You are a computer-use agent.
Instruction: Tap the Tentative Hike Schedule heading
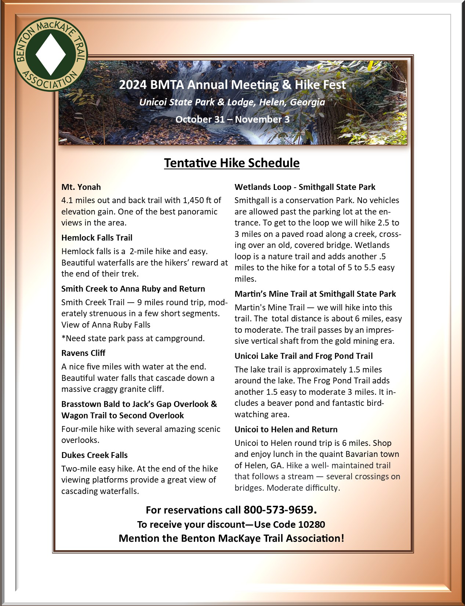pyautogui.click(x=232, y=163)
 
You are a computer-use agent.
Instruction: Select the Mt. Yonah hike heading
pyautogui.click(x=81, y=187)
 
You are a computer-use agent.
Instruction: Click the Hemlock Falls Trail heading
pyautogui.click(x=97, y=238)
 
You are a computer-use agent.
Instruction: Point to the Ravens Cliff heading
pyautogui.click(x=83, y=353)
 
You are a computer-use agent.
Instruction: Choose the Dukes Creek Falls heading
pyautogui.click(x=94, y=455)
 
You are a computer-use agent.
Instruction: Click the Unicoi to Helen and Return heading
pyautogui.click(x=286, y=429)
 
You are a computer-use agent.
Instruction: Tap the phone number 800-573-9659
pyautogui.click(x=279, y=510)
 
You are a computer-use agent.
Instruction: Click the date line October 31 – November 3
pyautogui.click(x=232, y=119)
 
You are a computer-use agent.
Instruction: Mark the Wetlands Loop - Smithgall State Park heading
pyautogui.click(x=305, y=187)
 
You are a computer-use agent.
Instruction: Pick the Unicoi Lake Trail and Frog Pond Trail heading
pyautogui.click(x=303, y=356)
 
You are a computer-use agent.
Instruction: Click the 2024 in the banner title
pyautogui.click(x=132, y=85)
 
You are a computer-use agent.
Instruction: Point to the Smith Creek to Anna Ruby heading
pyautogui.click(x=133, y=289)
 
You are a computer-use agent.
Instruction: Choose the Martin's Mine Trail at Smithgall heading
pyautogui.click(x=315, y=294)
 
